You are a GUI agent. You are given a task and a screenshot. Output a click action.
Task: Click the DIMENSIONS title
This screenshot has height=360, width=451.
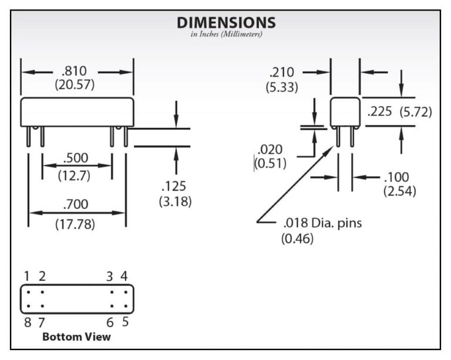tap(226, 23)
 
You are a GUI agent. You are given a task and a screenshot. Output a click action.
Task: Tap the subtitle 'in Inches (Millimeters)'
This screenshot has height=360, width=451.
tap(226, 35)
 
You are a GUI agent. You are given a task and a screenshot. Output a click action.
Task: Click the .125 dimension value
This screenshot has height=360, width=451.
tap(174, 187)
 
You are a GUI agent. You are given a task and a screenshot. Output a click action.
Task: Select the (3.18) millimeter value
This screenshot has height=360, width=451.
tap(175, 201)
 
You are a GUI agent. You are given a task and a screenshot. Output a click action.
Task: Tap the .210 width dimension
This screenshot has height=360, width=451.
tap(282, 73)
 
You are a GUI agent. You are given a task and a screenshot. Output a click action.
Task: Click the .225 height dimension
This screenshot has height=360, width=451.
tap(379, 111)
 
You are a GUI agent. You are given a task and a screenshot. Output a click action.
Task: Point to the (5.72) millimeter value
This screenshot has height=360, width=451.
tap(416, 111)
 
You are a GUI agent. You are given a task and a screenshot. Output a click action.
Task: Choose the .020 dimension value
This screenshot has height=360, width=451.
tap(270, 150)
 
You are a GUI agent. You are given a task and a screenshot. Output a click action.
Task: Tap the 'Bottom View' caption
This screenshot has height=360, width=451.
tap(76, 337)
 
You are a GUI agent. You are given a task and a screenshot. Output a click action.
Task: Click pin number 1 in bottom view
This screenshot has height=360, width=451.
tap(27, 276)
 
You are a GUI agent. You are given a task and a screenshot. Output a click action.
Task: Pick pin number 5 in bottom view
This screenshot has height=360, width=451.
tap(125, 321)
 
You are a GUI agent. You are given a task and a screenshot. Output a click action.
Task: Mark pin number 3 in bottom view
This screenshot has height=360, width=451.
tap(110, 276)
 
